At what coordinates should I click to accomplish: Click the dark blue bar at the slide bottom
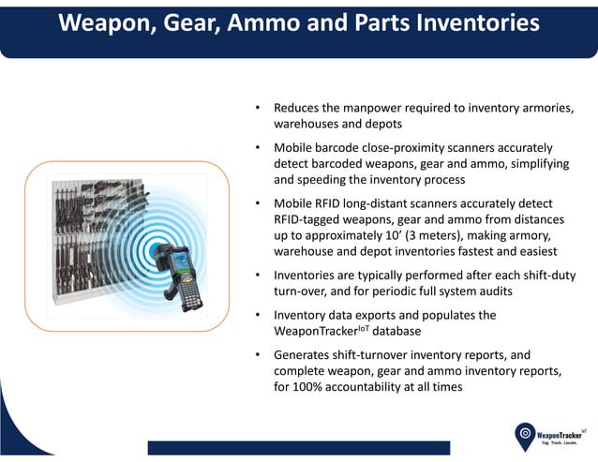[299, 447]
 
